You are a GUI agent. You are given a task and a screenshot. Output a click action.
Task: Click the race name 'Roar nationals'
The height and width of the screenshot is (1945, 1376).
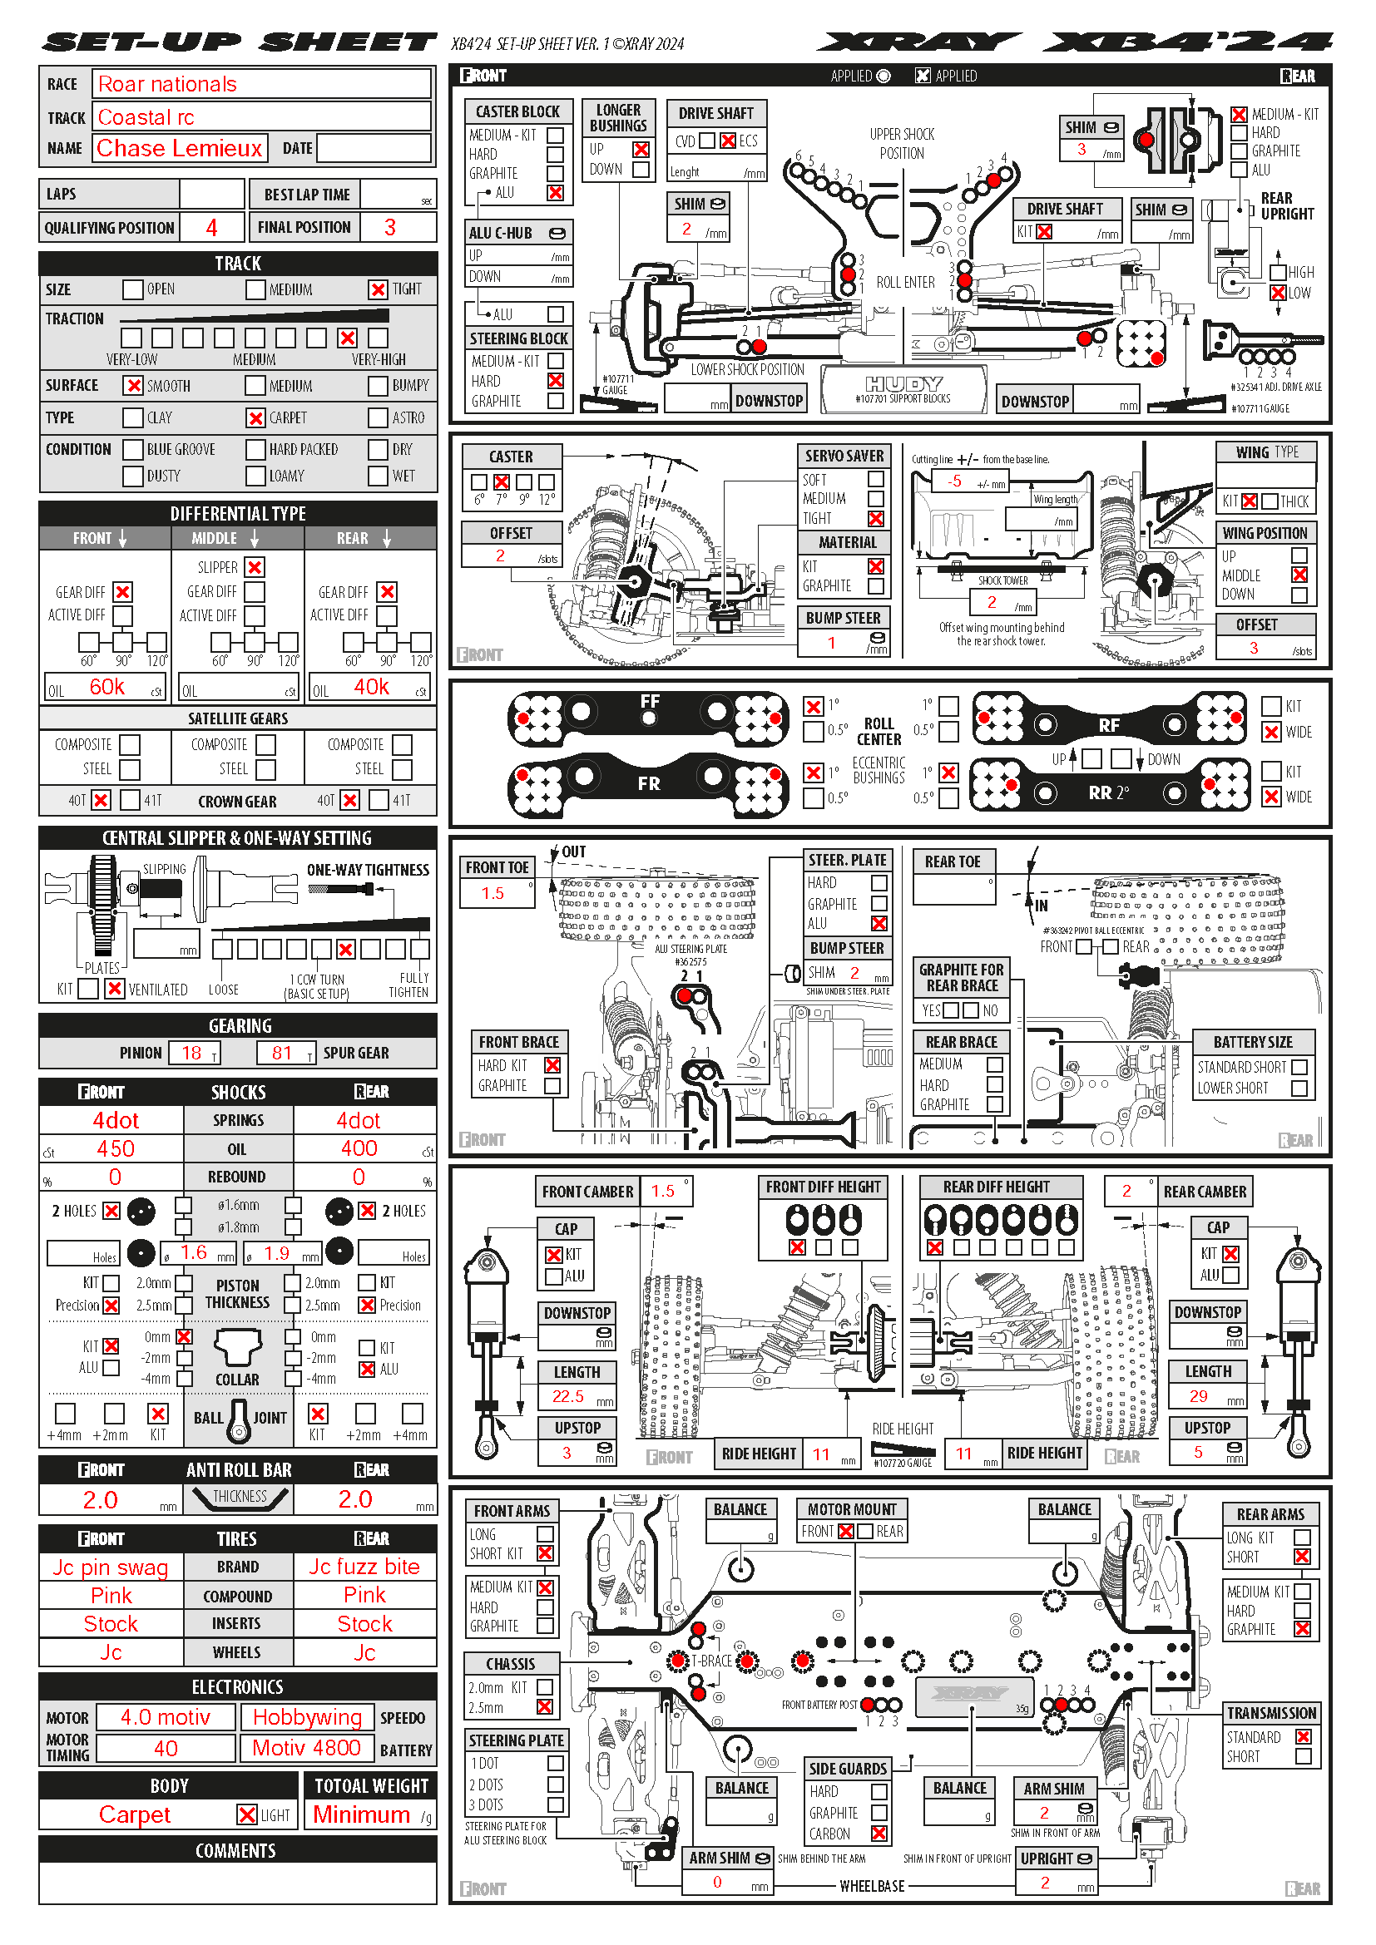[168, 84]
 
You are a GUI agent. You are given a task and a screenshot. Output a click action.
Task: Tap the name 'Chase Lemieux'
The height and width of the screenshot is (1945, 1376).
[180, 148]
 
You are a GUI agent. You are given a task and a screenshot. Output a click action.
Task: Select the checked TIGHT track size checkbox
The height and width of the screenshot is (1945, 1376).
[378, 289]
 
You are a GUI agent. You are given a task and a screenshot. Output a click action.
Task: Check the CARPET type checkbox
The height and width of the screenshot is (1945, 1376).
[256, 417]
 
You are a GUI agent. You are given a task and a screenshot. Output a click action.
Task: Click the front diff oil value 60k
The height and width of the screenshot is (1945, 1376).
[106, 687]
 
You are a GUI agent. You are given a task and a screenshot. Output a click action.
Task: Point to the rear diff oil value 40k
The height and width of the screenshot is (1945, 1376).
[371, 687]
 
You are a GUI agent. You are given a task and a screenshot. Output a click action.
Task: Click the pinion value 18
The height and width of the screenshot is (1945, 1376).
[192, 1053]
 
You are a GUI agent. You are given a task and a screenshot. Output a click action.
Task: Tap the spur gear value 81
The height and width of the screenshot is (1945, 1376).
[282, 1053]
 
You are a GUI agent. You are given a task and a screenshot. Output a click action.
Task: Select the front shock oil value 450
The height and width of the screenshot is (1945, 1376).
[116, 1148]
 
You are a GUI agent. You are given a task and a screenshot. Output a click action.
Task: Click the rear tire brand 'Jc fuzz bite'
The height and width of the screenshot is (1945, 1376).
[364, 1567]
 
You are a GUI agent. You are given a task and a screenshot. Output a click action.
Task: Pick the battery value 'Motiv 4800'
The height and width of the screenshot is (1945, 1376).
[307, 1749]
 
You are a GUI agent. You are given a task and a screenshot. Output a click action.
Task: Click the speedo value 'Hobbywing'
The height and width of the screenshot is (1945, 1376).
[307, 1717]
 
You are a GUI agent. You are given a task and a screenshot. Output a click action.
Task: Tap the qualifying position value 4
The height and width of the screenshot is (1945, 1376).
[212, 227]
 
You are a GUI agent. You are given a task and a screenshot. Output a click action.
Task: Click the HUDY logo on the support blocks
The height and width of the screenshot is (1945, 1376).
[903, 383]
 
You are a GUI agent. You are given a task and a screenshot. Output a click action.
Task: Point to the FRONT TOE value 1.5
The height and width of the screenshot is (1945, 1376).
[492, 893]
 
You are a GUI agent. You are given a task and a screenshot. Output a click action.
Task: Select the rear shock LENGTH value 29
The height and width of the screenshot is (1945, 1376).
[1198, 1396]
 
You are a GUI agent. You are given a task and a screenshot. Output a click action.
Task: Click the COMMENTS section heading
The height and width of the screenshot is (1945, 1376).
[236, 1851]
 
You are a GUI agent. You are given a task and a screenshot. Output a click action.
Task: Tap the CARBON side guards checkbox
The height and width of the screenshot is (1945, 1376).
[879, 1834]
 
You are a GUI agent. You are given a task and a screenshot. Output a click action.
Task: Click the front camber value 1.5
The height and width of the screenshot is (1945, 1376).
[662, 1191]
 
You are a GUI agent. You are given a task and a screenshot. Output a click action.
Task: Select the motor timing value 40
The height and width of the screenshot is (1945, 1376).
[166, 1749]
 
